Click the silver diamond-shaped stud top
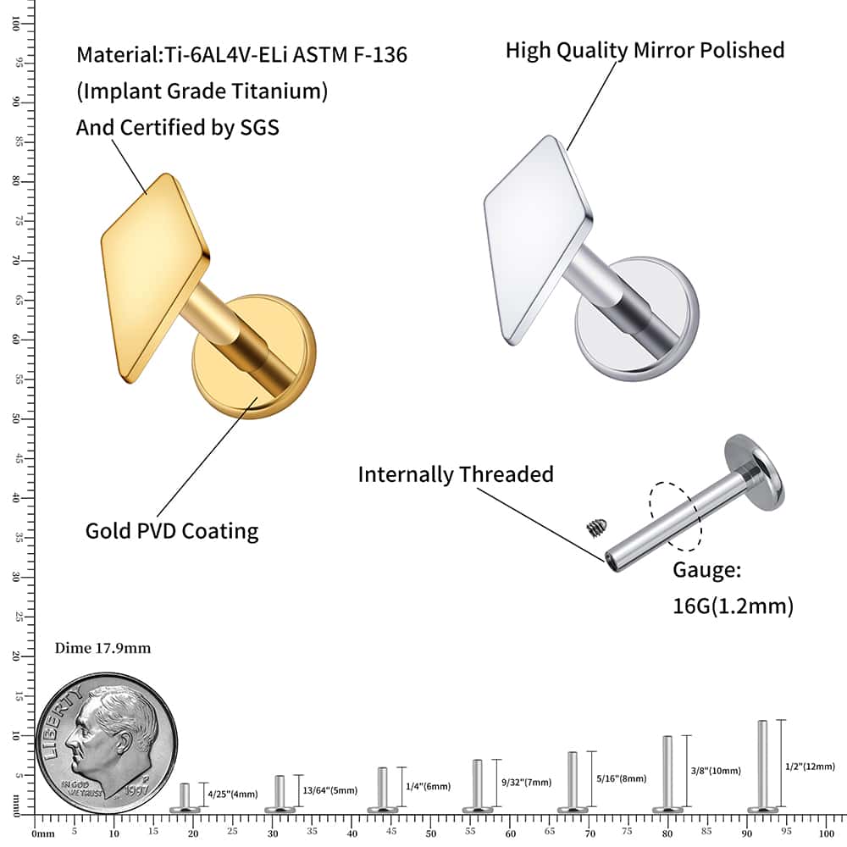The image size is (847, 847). tap(538, 237)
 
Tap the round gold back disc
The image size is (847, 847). tap(254, 356)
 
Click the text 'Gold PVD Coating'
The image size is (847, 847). tap(172, 531)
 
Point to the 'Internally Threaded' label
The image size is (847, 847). tap(455, 473)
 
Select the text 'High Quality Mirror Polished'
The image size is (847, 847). tap(645, 50)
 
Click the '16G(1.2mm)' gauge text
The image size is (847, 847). tap(733, 606)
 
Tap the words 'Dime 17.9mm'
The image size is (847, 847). tap(102, 649)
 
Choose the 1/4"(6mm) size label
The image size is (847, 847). tap(428, 787)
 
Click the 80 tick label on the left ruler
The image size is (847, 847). tap(16, 181)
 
